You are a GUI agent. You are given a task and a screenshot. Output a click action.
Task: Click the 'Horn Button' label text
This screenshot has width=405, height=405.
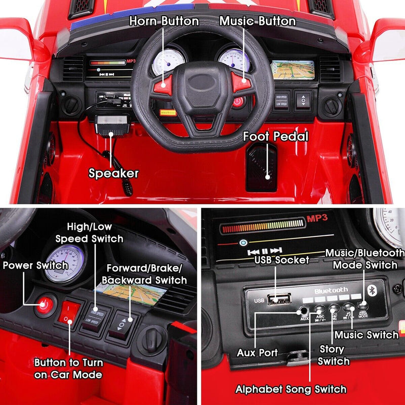pyautogui.click(x=164, y=21)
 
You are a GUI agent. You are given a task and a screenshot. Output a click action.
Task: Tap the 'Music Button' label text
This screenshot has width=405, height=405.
pyautogui.click(x=257, y=21)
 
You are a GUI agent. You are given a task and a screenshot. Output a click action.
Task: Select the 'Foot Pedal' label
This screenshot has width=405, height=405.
pyautogui.click(x=275, y=136)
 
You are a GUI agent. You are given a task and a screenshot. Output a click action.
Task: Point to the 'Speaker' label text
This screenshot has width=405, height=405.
pyautogui.click(x=113, y=173)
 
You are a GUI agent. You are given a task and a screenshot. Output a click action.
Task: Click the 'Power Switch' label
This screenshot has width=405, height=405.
pyautogui.click(x=35, y=265)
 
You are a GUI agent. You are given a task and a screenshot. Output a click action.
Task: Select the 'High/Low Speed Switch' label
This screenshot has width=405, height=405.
pyautogui.click(x=89, y=233)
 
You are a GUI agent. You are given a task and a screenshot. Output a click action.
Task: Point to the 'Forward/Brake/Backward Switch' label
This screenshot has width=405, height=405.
pyautogui.click(x=145, y=274)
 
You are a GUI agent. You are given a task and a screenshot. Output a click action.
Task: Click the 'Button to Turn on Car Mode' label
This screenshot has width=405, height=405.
pyautogui.click(x=68, y=369)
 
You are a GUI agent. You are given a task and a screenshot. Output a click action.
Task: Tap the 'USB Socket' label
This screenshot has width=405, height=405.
pyautogui.click(x=282, y=260)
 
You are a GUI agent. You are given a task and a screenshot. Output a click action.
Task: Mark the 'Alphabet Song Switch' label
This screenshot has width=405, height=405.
pyautogui.click(x=291, y=389)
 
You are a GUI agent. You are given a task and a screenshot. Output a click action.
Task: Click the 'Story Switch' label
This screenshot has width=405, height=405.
pyautogui.click(x=334, y=354)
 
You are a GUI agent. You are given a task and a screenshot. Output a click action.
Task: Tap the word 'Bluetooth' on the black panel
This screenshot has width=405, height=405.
pyautogui.click(x=331, y=290)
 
